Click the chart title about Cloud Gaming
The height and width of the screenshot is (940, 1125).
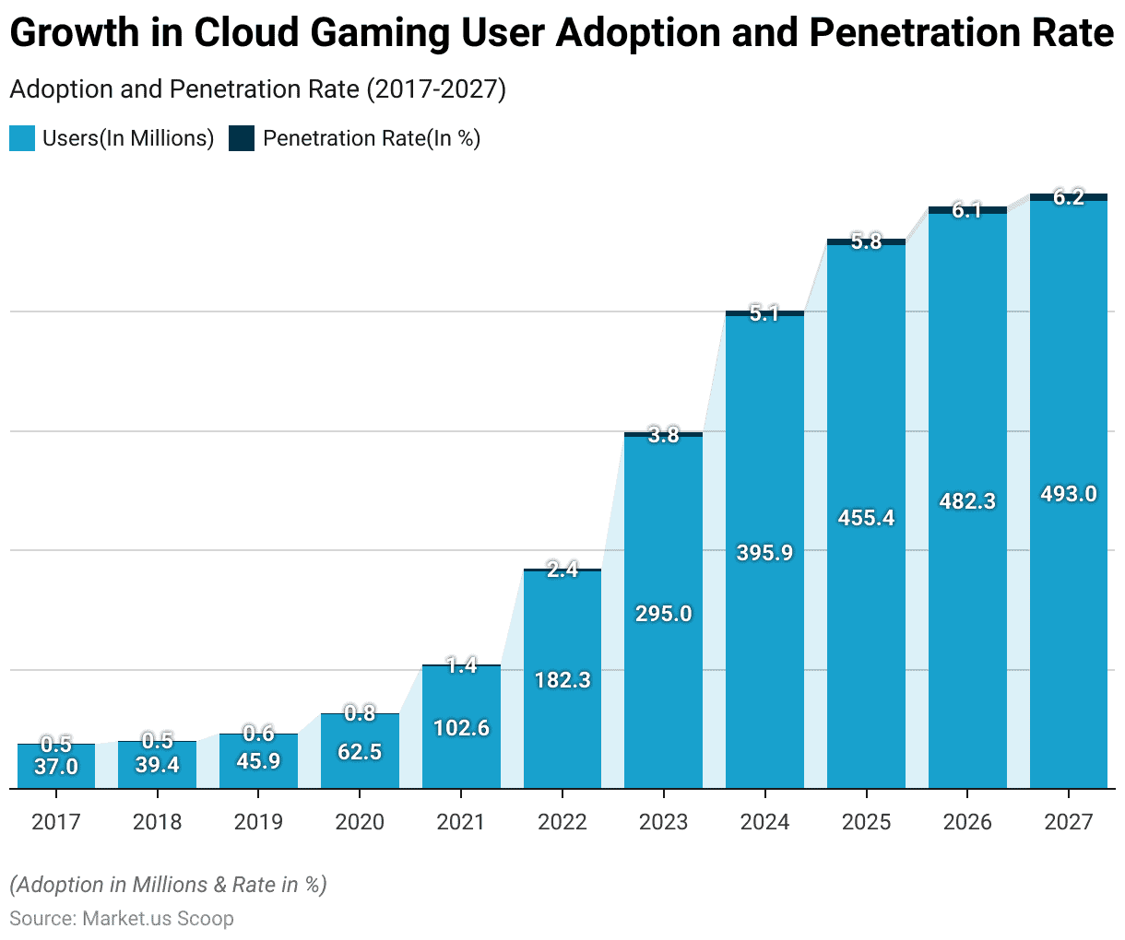click(561, 34)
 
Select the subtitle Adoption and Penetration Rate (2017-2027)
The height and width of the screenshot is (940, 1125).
click(257, 89)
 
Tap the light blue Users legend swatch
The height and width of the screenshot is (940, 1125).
click(22, 138)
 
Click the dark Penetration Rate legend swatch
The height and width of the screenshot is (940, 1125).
click(242, 138)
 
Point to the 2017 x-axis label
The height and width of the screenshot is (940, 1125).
click(55, 821)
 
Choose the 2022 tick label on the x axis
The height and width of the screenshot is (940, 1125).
click(562, 821)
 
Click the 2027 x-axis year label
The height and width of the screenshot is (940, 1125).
click(1068, 821)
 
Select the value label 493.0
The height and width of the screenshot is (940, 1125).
click(1068, 494)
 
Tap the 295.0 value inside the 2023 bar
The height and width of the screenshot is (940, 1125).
click(663, 614)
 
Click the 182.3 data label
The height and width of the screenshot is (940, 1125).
click(562, 680)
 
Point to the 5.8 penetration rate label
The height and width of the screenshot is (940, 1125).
click(866, 242)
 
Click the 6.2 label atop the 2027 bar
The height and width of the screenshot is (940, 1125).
click(1068, 197)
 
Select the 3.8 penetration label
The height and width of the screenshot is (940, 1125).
click(663, 436)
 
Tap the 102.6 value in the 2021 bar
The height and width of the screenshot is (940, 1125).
click(461, 728)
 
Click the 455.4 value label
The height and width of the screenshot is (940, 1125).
click(866, 518)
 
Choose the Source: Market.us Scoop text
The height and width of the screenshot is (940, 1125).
click(122, 919)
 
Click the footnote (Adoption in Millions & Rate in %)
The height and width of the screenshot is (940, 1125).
click(168, 885)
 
